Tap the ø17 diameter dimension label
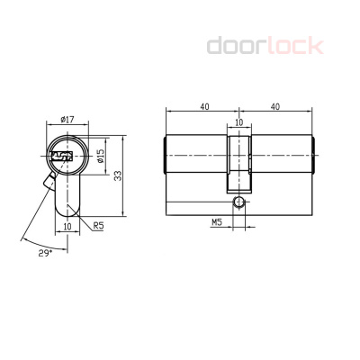click(x=67, y=120)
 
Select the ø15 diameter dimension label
click(x=100, y=156)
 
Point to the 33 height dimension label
click(x=118, y=175)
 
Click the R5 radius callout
click(x=98, y=226)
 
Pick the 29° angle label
click(x=45, y=253)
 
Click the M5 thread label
click(x=217, y=222)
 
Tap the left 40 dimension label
click(x=204, y=107)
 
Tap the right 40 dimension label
click(x=275, y=107)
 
